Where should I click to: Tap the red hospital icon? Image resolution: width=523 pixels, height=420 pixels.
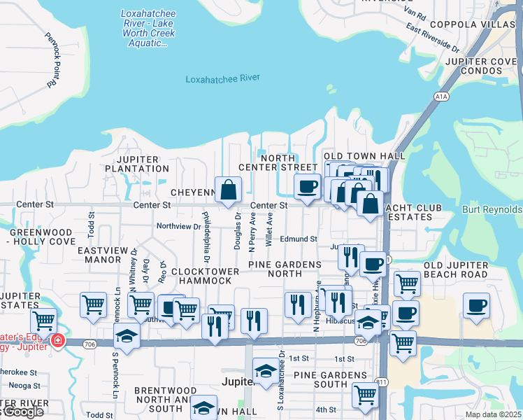(57, 342)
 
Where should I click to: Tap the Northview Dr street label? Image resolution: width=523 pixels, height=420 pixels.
(178, 226)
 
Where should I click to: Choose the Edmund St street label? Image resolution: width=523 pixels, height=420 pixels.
(299, 239)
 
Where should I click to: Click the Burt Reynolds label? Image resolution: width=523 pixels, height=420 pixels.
(492, 209)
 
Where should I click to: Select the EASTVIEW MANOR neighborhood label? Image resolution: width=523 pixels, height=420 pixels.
(99, 254)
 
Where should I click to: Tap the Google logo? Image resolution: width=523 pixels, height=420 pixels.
(22, 412)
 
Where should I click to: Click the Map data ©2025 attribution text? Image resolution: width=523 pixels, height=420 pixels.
(493, 414)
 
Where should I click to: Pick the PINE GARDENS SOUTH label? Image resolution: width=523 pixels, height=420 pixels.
(320, 380)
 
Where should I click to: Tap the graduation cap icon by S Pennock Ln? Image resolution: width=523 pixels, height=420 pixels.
(127, 335)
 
